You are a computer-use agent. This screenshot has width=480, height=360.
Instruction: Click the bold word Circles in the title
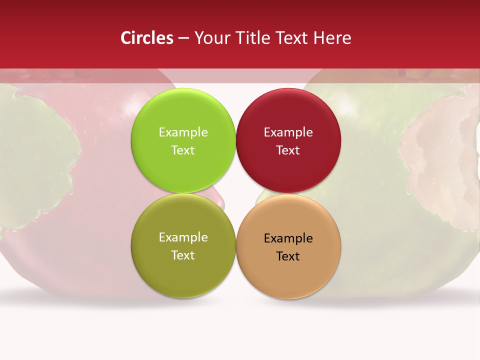tap(147, 38)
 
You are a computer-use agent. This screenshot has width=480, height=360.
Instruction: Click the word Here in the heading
tap(332, 38)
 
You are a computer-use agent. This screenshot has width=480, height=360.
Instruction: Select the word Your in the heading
tap(211, 38)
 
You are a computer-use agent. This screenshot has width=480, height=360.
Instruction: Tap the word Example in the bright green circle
tap(183, 132)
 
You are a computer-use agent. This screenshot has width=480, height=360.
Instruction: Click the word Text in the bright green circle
tap(183, 150)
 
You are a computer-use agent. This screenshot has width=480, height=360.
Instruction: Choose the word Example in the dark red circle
tap(288, 132)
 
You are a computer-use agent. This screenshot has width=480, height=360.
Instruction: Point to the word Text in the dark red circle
tap(288, 150)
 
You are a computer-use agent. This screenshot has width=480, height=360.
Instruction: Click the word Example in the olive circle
tap(183, 237)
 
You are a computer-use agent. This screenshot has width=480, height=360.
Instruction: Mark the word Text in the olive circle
tap(183, 255)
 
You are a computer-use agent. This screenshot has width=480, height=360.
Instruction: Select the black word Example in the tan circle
tap(288, 238)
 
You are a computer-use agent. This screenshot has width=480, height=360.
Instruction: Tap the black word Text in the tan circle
tap(288, 256)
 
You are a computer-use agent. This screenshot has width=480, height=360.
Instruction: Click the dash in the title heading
tap(183, 38)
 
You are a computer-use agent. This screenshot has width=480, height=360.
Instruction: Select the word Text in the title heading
tap(291, 38)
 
